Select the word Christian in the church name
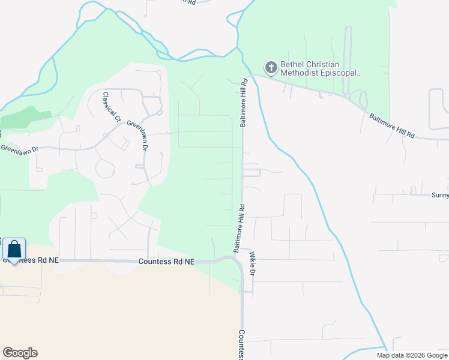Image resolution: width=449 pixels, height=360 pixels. (x=326, y=64)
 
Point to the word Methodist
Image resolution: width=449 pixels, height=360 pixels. (x=303, y=73)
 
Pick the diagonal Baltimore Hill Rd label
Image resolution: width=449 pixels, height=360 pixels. (x=391, y=126)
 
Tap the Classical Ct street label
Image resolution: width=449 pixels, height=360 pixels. (x=112, y=106)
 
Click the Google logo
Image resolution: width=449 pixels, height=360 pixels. (x=20, y=353)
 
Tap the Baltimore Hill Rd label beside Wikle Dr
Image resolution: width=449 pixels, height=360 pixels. (x=238, y=228)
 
